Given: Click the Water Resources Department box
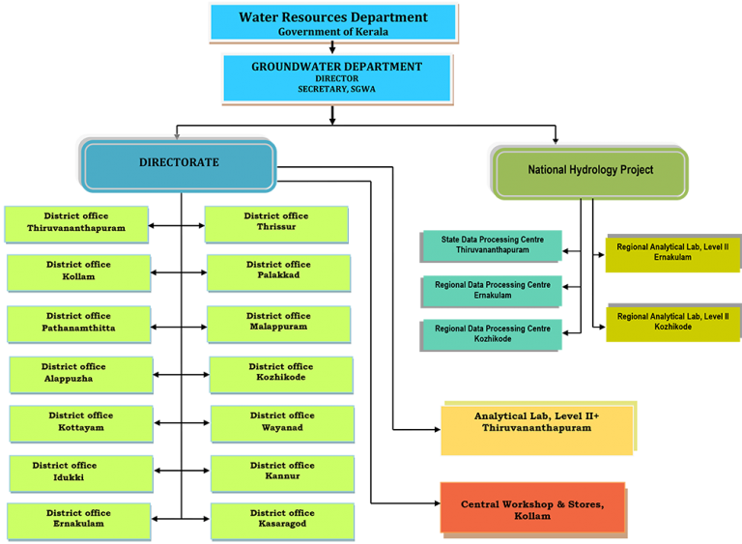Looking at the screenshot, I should click(333, 23).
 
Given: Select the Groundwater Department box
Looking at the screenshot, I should click(336, 78).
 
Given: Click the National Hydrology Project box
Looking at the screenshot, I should click(589, 171).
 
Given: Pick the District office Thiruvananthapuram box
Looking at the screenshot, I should click(76, 223).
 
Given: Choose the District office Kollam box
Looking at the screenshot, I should click(78, 272).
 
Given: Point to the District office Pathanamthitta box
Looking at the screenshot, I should click(78, 323).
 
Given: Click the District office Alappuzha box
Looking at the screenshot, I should click(81, 374).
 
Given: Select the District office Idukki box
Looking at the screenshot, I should click(81, 472).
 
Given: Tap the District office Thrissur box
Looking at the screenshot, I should click(276, 223).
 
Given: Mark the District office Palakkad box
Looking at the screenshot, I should click(278, 272).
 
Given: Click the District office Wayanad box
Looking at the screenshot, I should click(282, 423).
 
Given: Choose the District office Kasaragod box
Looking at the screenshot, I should click(282, 520).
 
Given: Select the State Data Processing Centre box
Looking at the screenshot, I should click(492, 245).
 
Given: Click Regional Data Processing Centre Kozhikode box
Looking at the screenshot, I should click(492, 335).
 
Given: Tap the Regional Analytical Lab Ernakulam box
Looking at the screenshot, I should click(672, 253).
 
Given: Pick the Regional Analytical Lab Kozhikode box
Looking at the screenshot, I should click(672, 323).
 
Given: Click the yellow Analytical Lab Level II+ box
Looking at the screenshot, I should click(537, 429).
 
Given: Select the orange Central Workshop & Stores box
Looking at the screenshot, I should click(532, 508).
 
